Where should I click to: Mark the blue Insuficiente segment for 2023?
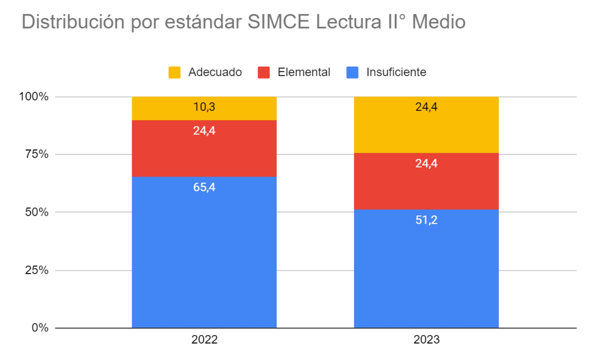tap(426, 269)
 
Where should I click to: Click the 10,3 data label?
tap(204, 107)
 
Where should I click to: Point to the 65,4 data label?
tap(204, 187)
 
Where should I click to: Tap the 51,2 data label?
tap(426, 220)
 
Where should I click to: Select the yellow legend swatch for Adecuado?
tap(174, 72)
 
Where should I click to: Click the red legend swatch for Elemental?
tap(264, 72)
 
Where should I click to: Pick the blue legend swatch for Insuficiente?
tap(352, 72)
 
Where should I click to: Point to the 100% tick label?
tap(34, 97)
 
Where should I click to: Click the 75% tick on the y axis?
tap(37, 154)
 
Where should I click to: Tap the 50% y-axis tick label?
tap(37, 212)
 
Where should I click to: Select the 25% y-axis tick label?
tap(37, 270)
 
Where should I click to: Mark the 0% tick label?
tap(40, 328)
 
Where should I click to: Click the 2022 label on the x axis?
tap(204, 340)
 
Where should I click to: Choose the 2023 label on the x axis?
tap(426, 340)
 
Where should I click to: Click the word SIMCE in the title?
tap(278, 22)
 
